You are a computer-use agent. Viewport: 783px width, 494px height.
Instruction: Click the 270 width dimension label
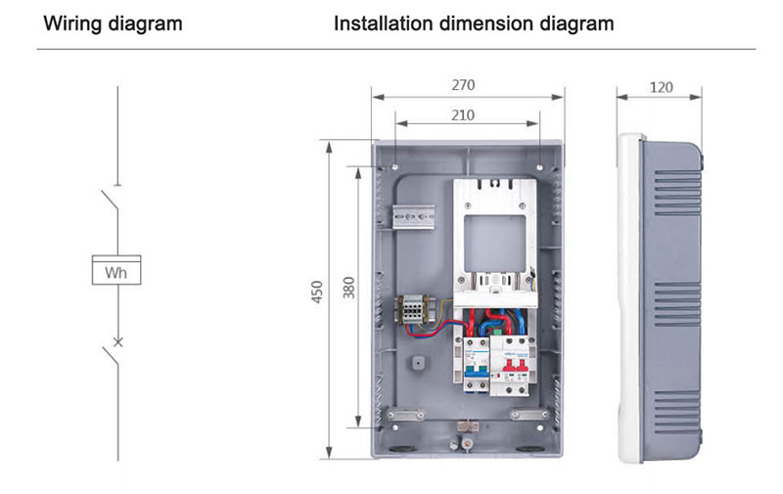pos(463,85)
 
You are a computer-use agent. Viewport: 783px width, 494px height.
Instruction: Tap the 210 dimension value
pos(462,115)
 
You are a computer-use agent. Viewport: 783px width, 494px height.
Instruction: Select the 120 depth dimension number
pos(662,87)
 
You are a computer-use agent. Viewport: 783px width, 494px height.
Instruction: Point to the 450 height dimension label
pos(317,292)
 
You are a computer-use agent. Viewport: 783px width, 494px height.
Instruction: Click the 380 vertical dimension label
pos(348,288)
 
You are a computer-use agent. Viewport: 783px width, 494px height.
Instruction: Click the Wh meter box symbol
pos(116,270)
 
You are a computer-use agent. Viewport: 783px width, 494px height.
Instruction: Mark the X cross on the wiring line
pos(117,341)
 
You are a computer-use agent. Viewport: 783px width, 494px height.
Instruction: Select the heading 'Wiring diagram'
pos(113,23)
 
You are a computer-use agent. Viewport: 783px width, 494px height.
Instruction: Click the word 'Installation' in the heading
pos(383,23)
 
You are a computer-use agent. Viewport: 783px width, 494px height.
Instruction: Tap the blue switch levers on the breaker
pos(476,370)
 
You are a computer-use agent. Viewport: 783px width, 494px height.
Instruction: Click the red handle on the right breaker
pos(516,363)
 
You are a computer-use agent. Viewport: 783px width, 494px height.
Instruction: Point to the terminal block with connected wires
pos(413,309)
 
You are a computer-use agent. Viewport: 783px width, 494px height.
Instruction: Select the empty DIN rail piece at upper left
pos(413,216)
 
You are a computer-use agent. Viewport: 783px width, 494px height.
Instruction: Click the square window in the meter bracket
pos(495,244)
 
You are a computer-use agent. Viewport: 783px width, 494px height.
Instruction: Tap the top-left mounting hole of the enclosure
pos(394,166)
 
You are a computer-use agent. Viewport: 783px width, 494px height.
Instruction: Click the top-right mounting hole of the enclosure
pos(540,166)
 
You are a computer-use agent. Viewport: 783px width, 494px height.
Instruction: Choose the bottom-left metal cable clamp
pos(405,414)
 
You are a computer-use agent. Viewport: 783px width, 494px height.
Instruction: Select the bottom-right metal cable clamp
pos(529,414)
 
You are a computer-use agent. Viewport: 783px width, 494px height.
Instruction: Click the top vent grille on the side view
pos(677,192)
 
